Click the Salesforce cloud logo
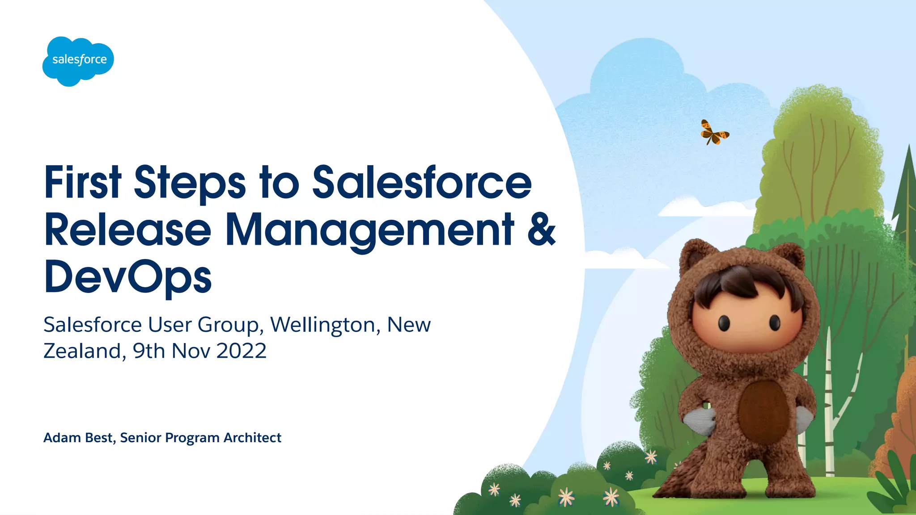[x=78, y=61]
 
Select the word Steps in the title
[x=190, y=183]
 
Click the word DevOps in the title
[x=128, y=277]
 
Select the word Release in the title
[x=127, y=230]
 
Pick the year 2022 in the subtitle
[x=242, y=351]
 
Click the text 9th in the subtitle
[x=149, y=351]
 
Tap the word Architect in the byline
[x=252, y=438]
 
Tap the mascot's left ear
[x=695, y=257]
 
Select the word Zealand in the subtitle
[x=82, y=351]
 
